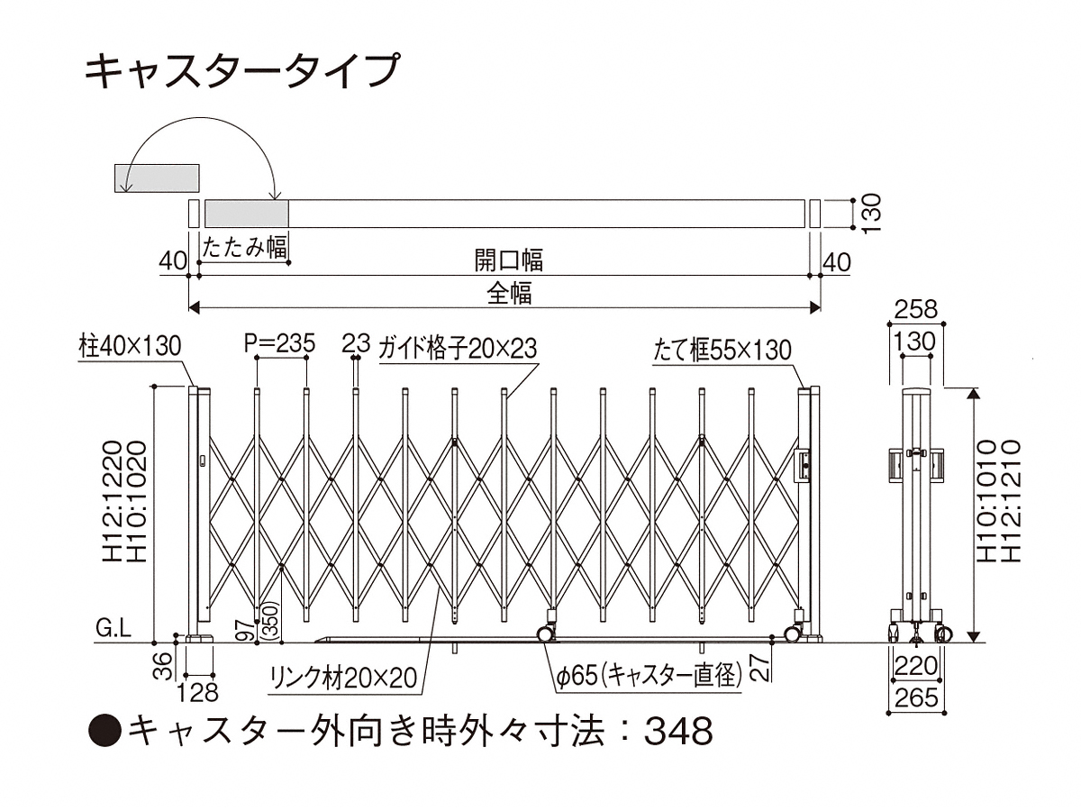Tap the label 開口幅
tap(509, 261)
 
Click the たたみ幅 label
tap(244, 248)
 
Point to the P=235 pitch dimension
tap(279, 343)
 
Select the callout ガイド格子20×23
tap(458, 347)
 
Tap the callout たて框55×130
tap(722, 349)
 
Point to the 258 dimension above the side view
tap(916, 310)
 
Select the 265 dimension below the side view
tap(916, 697)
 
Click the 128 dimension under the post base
tap(199, 691)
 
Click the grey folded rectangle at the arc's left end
tap(156, 178)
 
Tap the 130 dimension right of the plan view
tap(870, 214)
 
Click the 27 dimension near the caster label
tap(759, 666)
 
